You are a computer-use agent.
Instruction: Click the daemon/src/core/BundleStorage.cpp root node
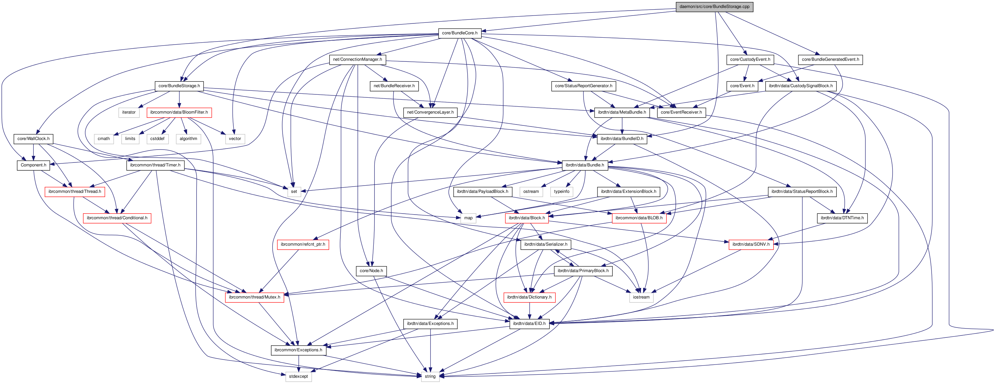pos(714,7)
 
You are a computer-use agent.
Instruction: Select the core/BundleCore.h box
pos(459,33)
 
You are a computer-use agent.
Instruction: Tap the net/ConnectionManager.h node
pos(357,59)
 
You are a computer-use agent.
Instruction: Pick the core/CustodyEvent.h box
pos(750,59)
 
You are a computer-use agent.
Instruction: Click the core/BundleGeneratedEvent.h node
pos(830,59)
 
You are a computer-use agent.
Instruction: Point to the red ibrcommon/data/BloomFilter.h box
pos(179,112)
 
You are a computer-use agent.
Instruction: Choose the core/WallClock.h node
pos(33,139)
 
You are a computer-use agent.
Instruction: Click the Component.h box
pos(33,165)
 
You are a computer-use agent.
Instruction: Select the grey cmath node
pos(104,139)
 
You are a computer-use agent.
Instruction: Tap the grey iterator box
pos(129,112)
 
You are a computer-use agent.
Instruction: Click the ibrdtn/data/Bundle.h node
pos(585,165)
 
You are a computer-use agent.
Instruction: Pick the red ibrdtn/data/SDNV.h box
pos(751,244)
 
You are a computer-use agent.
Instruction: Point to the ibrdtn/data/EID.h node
pos(529,323)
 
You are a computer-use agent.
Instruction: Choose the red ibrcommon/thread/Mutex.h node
pos(254,297)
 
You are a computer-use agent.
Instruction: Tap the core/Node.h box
pos(371,271)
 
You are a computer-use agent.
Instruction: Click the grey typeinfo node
pos(561,192)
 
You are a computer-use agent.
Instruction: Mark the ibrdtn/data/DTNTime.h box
pos(842,218)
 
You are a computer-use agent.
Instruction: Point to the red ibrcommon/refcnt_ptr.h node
pos(303,244)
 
